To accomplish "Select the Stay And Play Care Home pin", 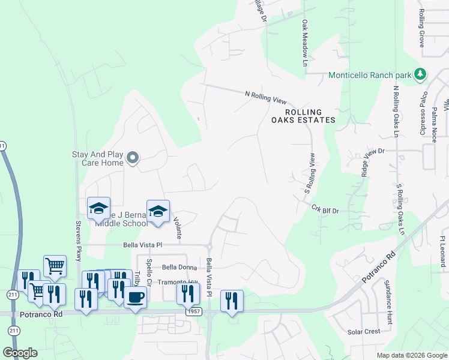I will (133, 158).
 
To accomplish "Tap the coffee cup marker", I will (136, 297).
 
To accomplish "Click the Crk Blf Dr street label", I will (325, 209).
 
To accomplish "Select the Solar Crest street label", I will (364, 331).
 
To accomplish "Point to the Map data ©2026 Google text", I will (411, 355).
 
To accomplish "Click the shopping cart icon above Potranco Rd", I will (55, 265).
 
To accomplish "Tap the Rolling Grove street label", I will (422, 29).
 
